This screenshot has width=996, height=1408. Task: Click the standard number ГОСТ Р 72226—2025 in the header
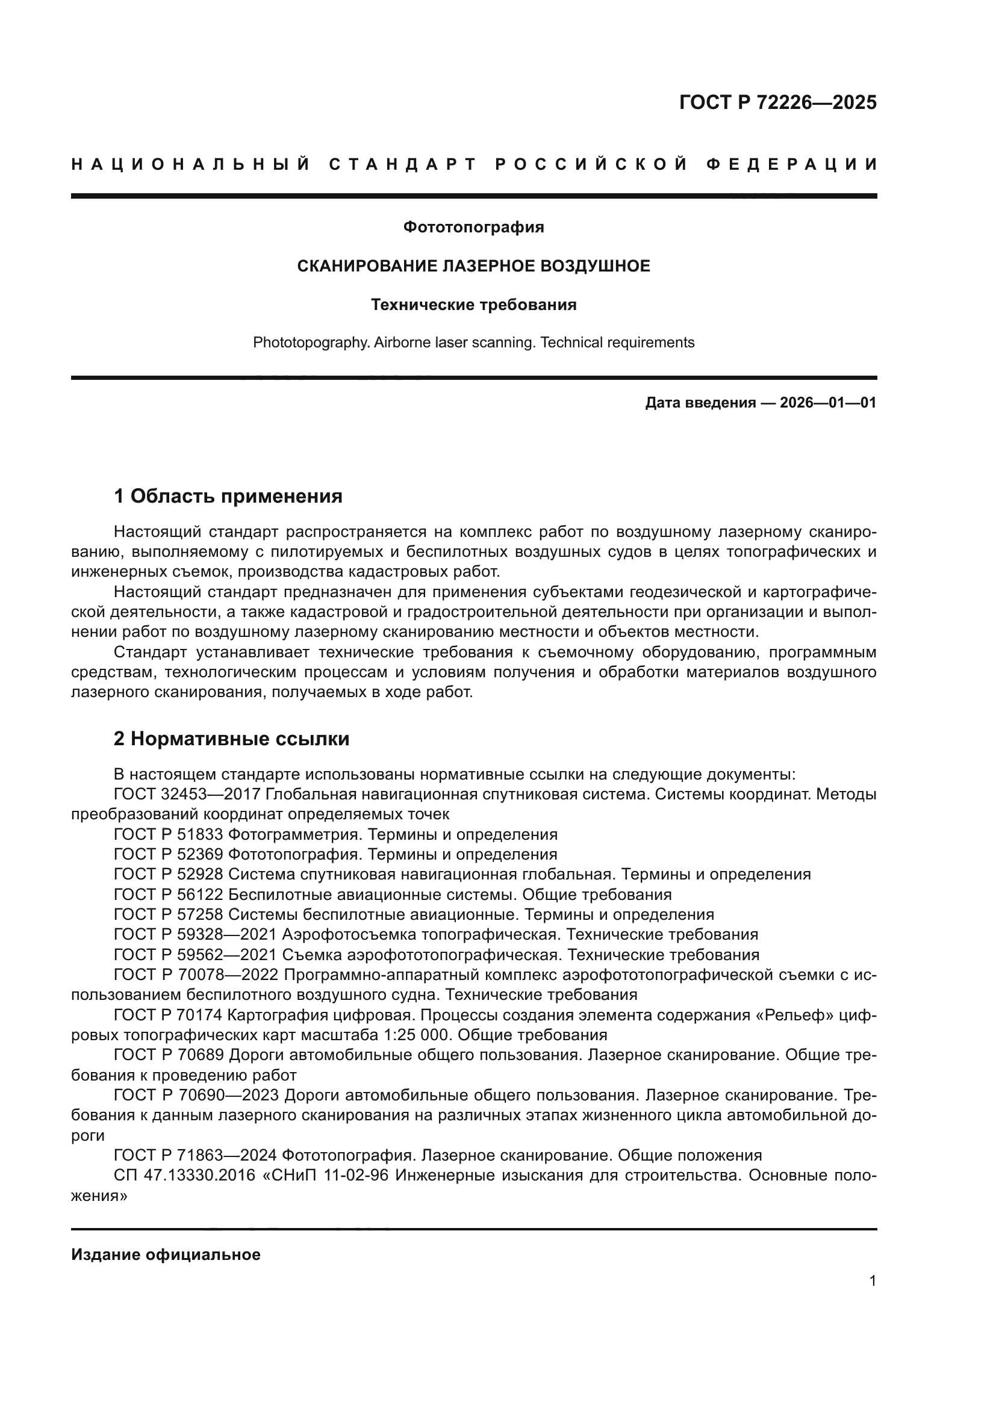(x=777, y=102)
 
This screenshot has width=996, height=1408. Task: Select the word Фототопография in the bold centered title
(x=473, y=228)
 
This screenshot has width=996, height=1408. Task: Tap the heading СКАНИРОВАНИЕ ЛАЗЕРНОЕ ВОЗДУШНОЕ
(x=473, y=266)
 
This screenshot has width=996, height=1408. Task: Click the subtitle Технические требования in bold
(x=473, y=305)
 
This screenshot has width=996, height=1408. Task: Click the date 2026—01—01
(x=828, y=403)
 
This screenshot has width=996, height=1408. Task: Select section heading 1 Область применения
(x=228, y=496)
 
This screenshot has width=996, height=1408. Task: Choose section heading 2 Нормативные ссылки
(x=231, y=739)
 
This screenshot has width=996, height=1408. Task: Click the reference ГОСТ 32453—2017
(x=187, y=795)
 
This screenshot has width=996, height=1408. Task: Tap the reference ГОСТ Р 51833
(x=168, y=834)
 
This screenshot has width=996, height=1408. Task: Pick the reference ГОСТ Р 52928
(x=168, y=875)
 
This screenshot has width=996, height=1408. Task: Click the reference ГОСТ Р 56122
(x=168, y=895)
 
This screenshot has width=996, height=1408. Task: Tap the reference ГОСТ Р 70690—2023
(x=196, y=1095)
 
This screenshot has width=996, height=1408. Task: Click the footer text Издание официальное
(x=166, y=1254)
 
